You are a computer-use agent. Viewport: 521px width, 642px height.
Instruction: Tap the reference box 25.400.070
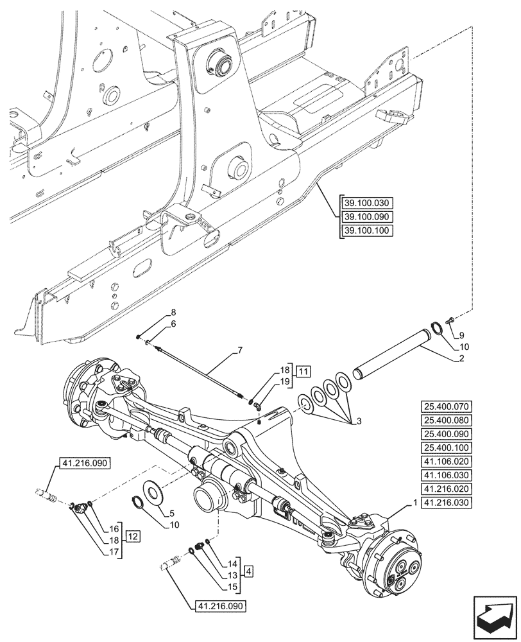tap(447, 406)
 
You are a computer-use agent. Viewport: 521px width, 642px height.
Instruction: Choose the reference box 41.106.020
tap(447, 461)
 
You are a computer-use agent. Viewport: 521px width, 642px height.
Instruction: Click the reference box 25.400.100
tap(447, 447)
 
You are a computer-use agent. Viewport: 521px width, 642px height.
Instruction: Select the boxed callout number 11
tap(303, 372)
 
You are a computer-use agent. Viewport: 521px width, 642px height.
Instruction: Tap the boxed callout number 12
tap(132, 534)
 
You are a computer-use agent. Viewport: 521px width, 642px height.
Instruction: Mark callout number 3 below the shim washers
tap(359, 421)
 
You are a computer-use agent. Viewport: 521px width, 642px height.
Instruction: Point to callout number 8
tap(173, 313)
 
